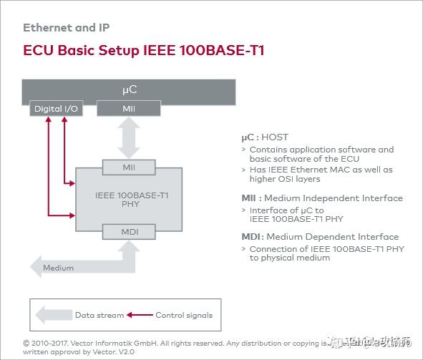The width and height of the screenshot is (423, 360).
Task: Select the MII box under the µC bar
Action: (x=129, y=110)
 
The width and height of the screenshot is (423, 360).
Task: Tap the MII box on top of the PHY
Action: (x=129, y=168)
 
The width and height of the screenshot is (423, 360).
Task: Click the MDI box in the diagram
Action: (x=129, y=231)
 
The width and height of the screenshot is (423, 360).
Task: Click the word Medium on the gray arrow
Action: (x=58, y=268)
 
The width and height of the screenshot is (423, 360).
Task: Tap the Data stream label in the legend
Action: (x=99, y=315)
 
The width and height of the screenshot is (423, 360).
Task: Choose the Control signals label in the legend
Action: (x=184, y=315)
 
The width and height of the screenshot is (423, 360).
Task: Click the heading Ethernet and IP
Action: (x=66, y=28)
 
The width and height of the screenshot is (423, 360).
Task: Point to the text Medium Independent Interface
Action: (x=341, y=198)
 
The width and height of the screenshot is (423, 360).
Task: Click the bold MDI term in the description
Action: (x=250, y=237)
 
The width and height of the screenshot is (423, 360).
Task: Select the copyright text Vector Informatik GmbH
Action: (x=101, y=344)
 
